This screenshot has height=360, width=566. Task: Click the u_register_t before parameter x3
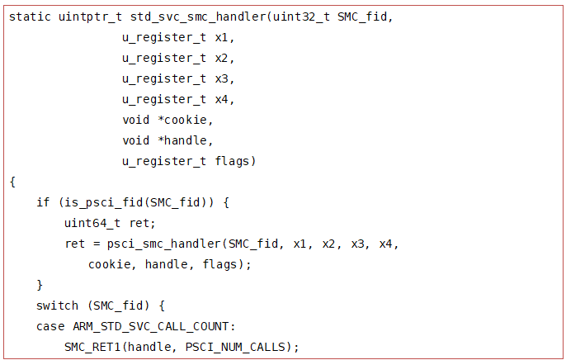[164, 78]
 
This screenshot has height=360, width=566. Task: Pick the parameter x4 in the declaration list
[224, 99]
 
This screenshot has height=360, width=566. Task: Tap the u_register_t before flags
[164, 161]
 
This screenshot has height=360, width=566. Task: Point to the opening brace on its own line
[12, 182]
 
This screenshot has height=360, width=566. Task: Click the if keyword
[43, 202]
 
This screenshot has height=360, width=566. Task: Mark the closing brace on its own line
[40, 285]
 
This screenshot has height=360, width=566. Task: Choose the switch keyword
[57, 306]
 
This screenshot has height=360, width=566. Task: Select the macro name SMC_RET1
[92, 347]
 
